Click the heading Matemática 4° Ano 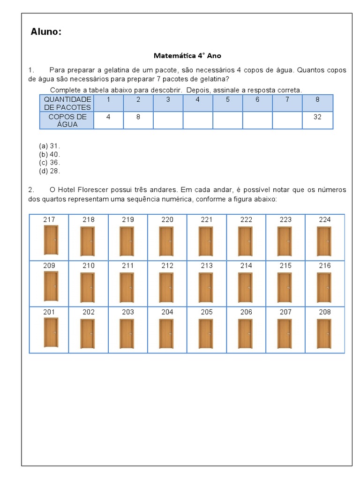(187, 55)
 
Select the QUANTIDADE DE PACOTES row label (67, 103)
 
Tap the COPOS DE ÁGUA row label (67, 120)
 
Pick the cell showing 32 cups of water (317, 117)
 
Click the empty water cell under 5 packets (227, 120)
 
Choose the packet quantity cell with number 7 (287, 99)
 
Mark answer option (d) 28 (50, 171)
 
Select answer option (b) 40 (50, 154)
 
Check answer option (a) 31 (50, 146)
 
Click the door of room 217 (51, 240)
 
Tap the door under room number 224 (324, 241)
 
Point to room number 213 (207, 266)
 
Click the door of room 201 (51, 332)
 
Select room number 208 (324, 312)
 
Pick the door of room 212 (166, 287)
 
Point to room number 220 (167, 219)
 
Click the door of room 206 (245, 333)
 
